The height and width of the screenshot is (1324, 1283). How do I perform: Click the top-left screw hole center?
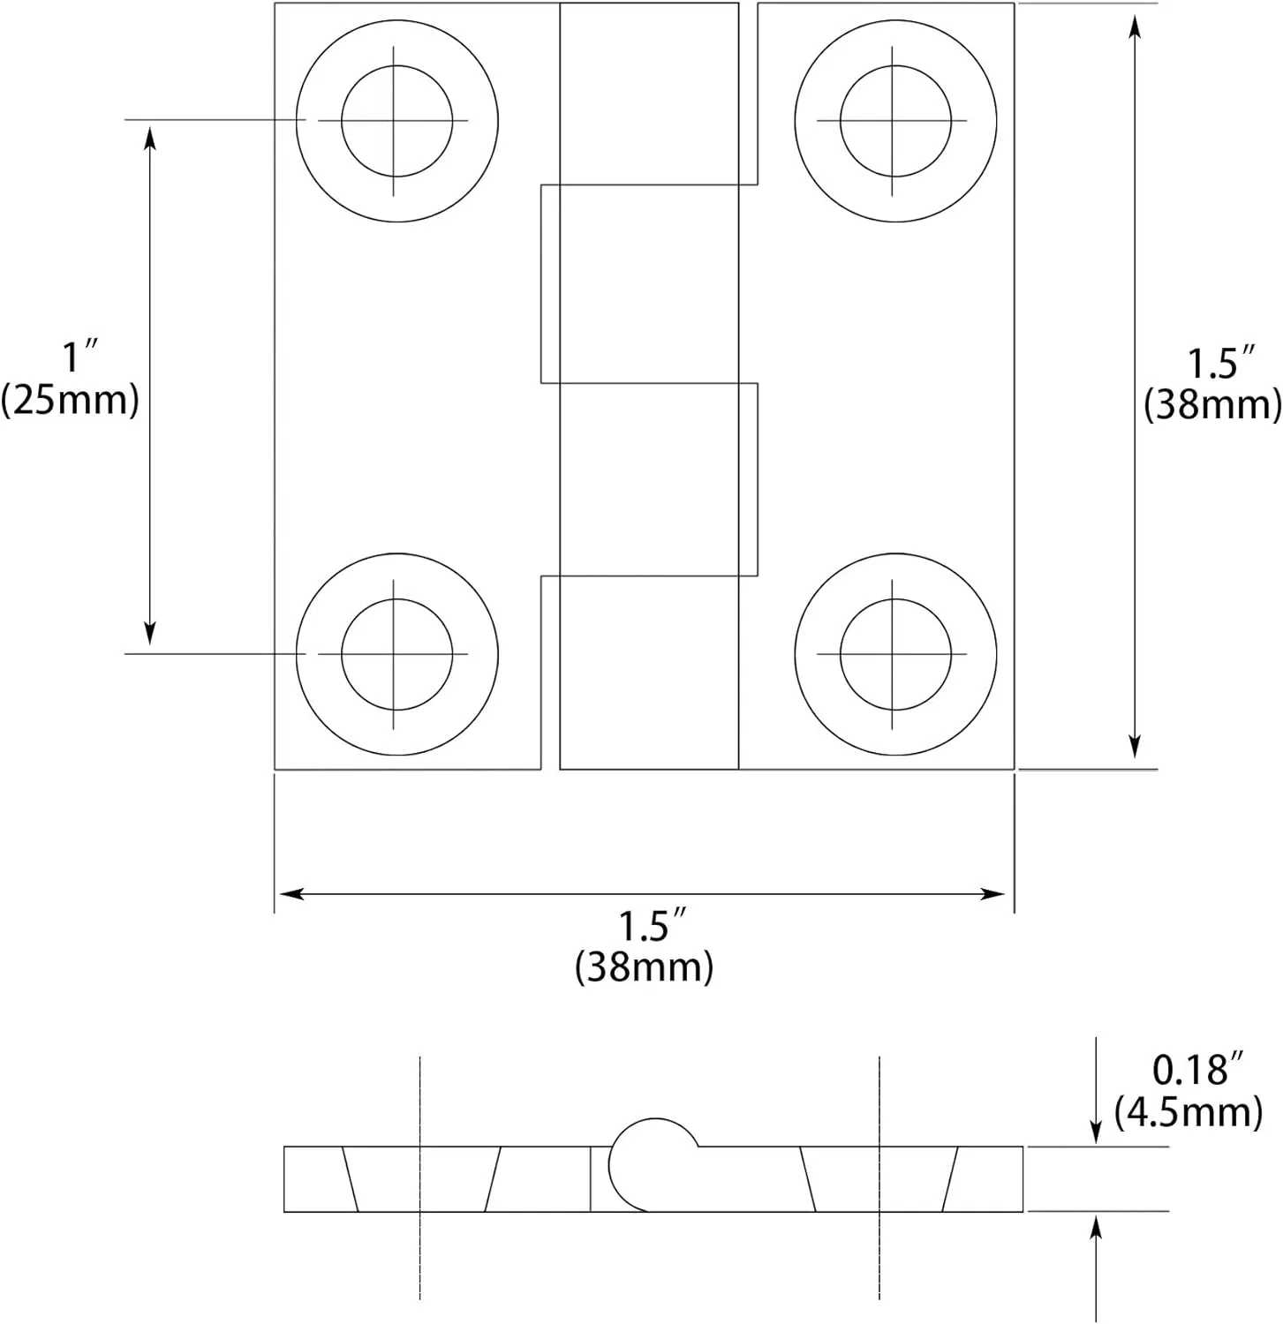tap(396, 120)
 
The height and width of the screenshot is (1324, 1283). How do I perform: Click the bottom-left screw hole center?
tap(396, 654)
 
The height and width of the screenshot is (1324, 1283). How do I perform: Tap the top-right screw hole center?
tap(894, 120)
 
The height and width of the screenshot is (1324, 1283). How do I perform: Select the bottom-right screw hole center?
tap(894, 654)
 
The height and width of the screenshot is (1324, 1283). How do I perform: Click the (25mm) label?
tap(71, 400)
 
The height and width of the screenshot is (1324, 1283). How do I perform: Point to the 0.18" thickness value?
tap(1190, 1070)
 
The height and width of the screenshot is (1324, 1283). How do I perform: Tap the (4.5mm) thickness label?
tap(1188, 1112)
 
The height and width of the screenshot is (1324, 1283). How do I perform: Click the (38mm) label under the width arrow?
tap(645, 967)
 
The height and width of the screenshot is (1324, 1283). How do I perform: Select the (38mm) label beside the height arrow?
tap(1212, 404)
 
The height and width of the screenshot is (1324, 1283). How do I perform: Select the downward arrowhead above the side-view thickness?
tap(1096, 1132)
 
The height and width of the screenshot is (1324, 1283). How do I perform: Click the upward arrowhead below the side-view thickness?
tap(1096, 1227)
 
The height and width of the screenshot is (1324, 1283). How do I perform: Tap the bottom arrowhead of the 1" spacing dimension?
tap(150, 633)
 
